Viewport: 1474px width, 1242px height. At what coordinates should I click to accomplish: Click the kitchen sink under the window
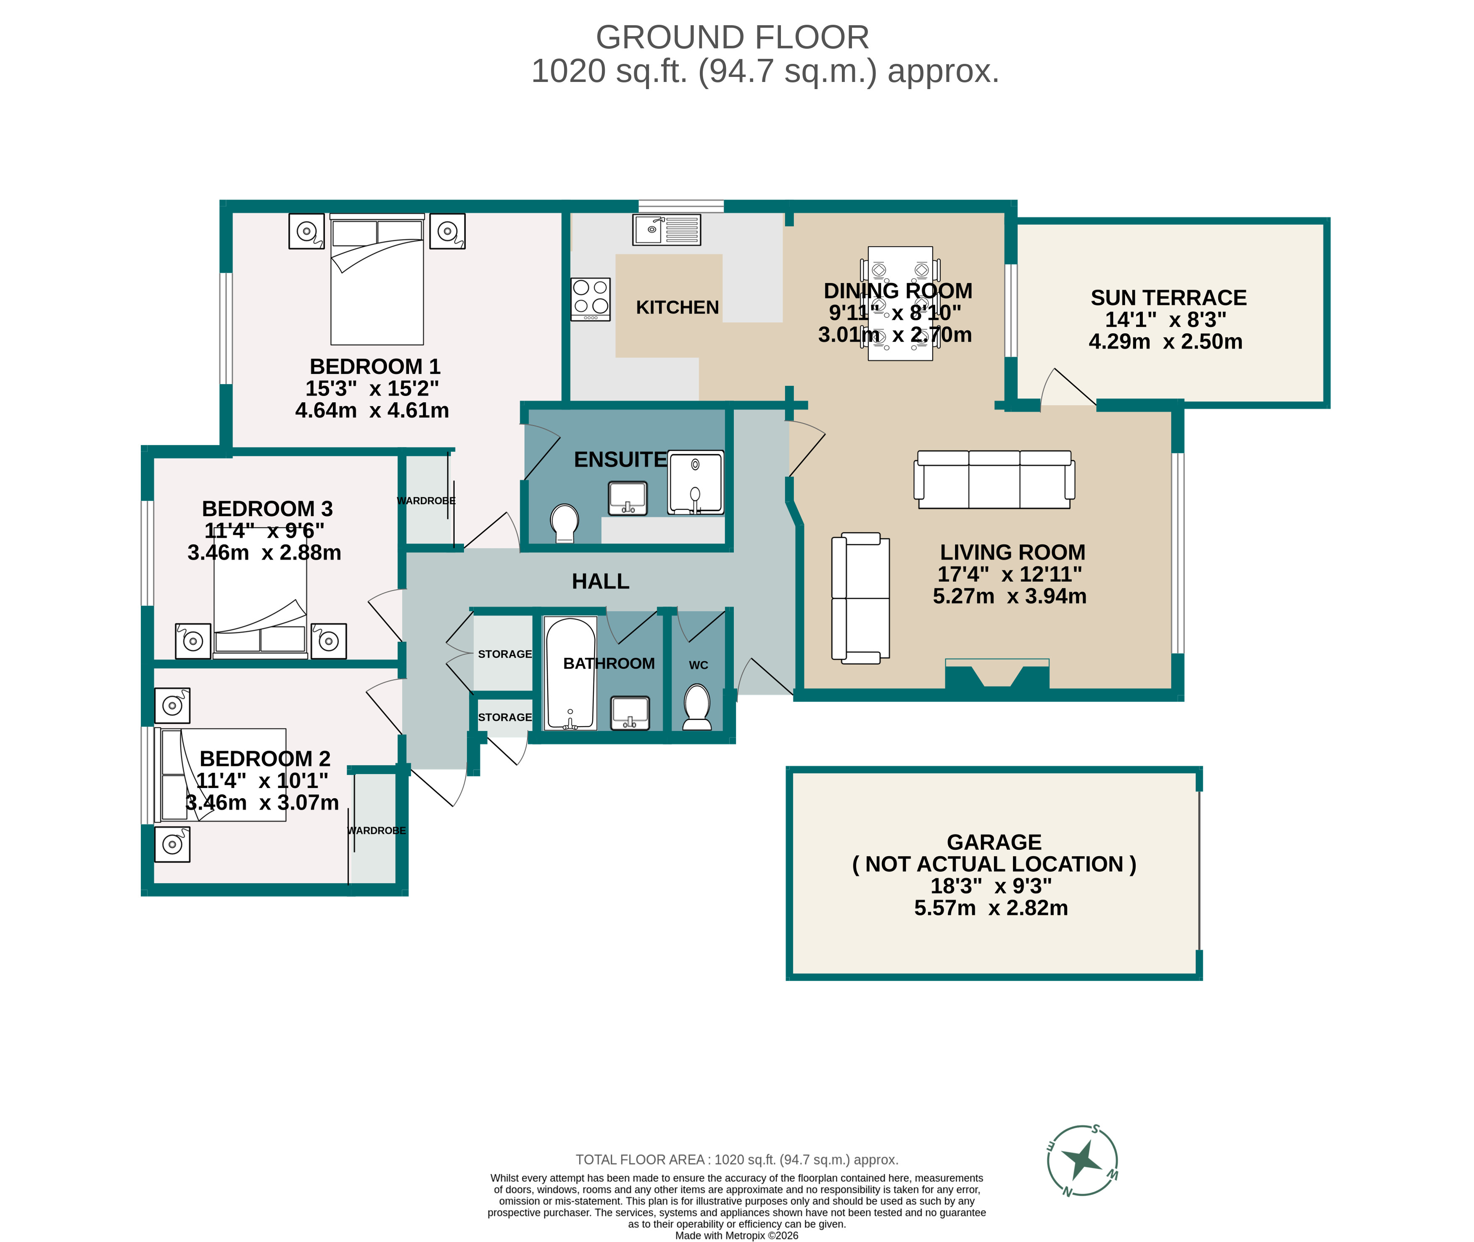pos(666,229)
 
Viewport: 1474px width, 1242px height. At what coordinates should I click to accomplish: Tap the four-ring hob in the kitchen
pos(590,298)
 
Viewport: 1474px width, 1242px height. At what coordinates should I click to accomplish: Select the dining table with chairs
pos(899,303)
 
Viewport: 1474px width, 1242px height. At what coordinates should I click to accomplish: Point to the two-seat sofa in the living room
pos(860,598)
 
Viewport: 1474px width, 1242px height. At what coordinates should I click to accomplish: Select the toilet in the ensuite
pos(564,522)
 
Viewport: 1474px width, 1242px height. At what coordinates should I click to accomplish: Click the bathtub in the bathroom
pos(570,673)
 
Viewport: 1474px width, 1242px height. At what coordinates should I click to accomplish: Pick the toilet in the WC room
pos(697,706)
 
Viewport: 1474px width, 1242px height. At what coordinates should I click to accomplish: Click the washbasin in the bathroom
pos(629,712)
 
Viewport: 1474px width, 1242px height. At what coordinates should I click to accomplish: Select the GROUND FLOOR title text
pos(732,37)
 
